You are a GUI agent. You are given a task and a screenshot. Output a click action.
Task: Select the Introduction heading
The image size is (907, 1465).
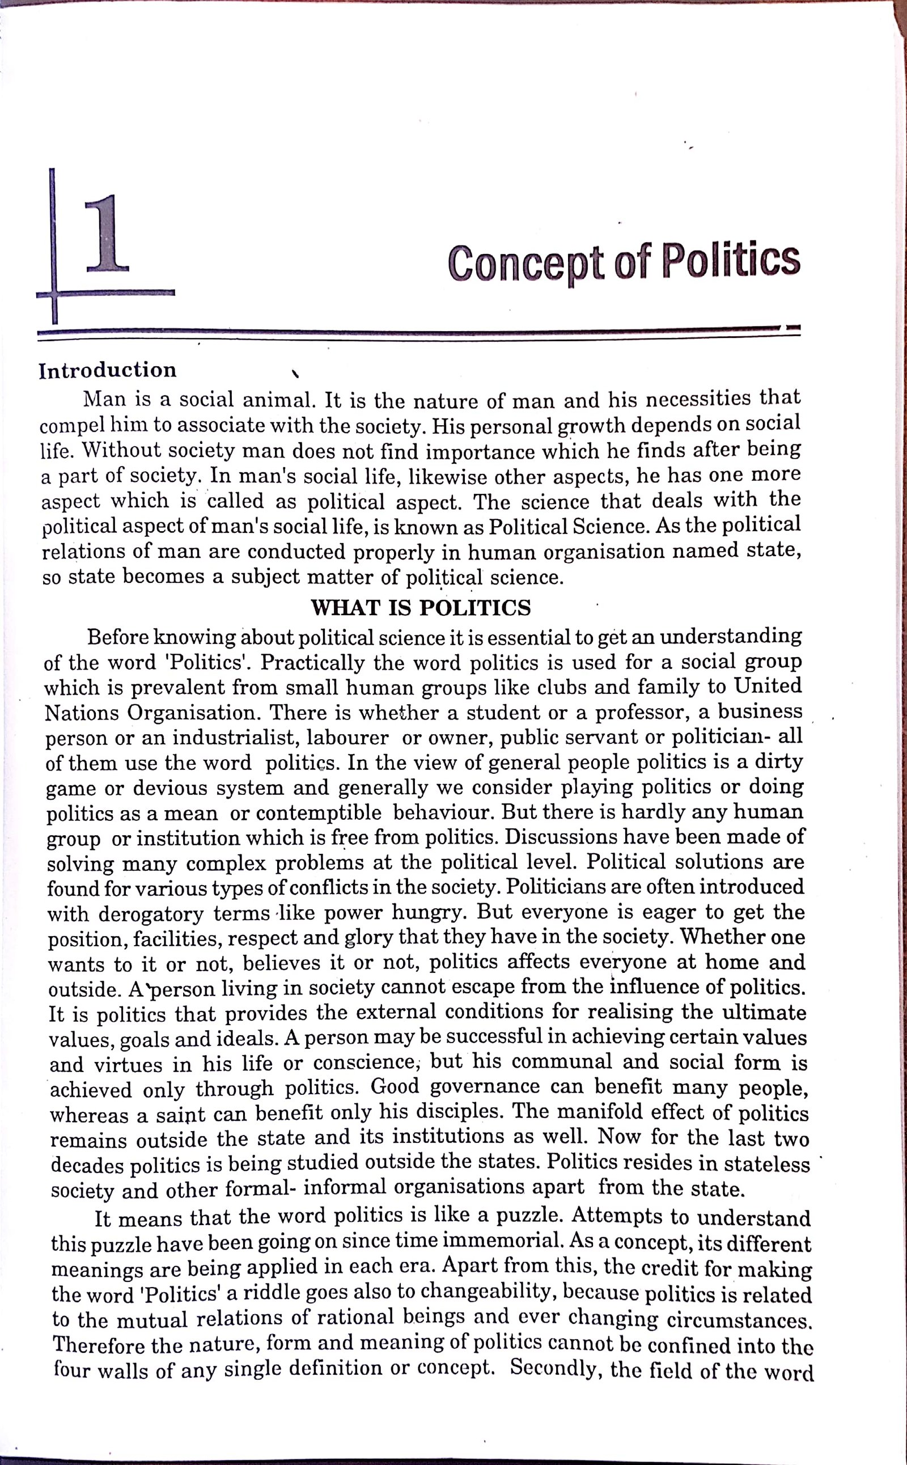108,370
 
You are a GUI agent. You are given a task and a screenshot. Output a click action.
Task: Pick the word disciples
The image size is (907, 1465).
450,1113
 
